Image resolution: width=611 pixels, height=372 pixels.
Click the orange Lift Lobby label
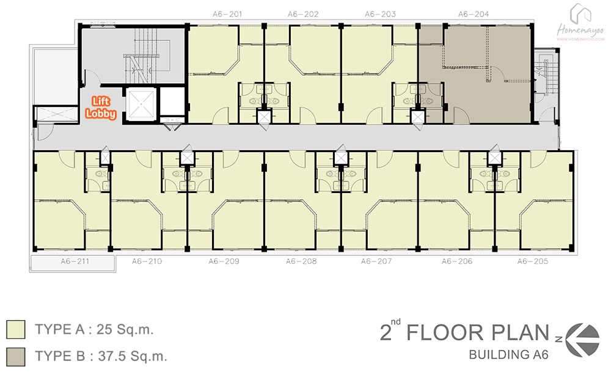point(101,108)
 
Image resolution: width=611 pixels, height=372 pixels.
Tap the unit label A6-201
point(227,15)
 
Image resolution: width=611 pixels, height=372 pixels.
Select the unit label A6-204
point(474,15)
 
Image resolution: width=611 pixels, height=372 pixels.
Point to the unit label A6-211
point(75,261)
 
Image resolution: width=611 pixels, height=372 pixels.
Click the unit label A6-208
point(301,261)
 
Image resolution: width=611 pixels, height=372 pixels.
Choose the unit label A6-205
point(533,261)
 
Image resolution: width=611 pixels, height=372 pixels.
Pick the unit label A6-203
point(380,15)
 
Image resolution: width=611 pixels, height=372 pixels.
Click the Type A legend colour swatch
point(16,329)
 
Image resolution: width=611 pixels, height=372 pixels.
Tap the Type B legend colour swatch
point(16,356)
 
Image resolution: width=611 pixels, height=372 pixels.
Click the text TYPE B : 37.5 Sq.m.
point(101,356)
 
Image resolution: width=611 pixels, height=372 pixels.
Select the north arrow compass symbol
point(582,340)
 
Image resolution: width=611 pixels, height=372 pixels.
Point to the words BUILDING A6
point(508,354)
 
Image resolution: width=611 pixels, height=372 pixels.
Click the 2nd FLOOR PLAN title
point(464,332)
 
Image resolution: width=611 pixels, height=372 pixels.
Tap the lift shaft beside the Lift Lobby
point(141,104)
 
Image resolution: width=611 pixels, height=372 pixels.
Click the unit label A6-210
point(147,261)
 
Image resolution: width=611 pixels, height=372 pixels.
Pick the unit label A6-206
point(456,261)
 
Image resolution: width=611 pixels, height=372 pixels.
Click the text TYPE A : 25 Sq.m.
point(94,329)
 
